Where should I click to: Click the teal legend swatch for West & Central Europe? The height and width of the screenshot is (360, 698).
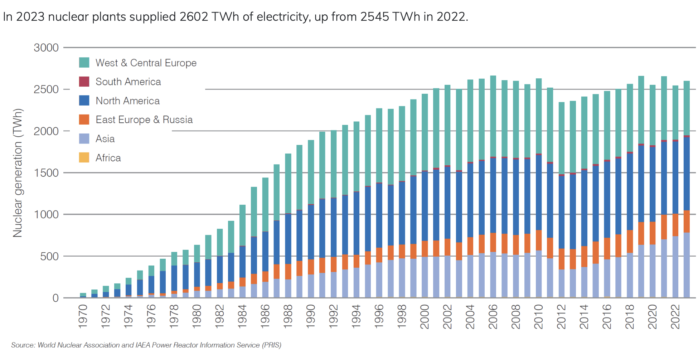point(84,63)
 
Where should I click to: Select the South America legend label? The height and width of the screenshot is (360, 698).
point(128,82)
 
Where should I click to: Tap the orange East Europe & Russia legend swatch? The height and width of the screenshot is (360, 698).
point(84,120)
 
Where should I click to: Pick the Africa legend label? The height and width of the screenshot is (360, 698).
point(108,158)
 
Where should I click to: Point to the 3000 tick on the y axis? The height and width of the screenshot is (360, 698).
point(46,48)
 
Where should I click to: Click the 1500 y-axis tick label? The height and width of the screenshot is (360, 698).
point(46,173)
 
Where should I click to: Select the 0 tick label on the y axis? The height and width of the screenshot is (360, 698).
point(55,298)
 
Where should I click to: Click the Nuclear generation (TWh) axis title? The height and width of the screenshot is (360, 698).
point(18,173)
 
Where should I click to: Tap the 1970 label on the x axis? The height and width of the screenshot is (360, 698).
point(83,316)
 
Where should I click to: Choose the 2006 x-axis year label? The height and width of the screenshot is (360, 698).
point(493,316)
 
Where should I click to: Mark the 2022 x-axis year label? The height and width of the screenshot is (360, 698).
point(675,316)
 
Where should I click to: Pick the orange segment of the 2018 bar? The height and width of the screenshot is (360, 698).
point(630,242)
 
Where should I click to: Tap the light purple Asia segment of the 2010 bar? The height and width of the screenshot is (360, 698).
point(539,274)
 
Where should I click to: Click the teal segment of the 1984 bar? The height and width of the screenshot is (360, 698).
point(242,225)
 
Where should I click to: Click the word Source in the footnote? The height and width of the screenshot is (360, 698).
point(23,345)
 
